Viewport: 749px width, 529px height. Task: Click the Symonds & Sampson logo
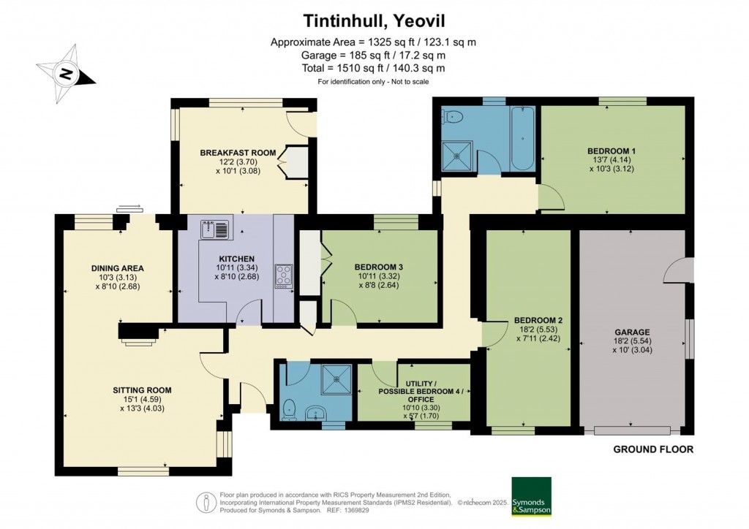click(x=531, y=497)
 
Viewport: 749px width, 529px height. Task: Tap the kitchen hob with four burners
click(x=283, y=275)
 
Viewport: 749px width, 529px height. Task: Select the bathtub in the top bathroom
click(x=520, y=138)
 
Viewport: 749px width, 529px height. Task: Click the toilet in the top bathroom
click(x=453, y=115)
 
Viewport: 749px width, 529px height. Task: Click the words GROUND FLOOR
click(x=652, y=449)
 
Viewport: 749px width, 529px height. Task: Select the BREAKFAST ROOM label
click(x=238, y=153)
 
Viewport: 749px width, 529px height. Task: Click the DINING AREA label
click(x=117, y=268)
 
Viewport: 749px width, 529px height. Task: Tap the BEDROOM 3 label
click(x=380, y=267)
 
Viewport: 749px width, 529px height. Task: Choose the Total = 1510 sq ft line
click(x=373, y=68)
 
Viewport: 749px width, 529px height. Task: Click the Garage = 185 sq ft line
click(x=373, y=55)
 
